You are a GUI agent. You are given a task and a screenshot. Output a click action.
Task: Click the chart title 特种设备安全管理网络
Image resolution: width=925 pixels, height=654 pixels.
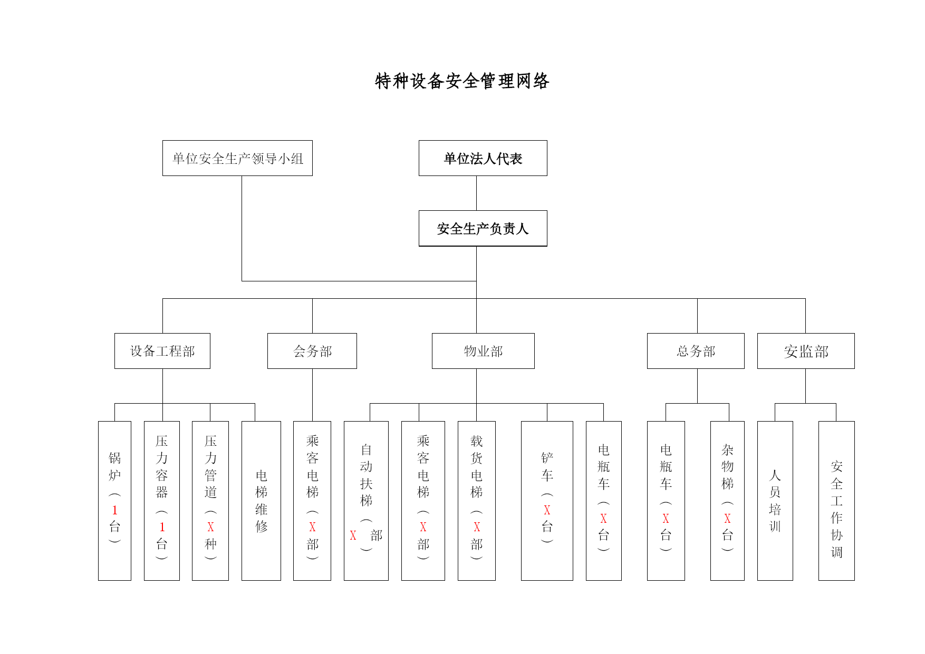pyautogui.click(x=462, y=81)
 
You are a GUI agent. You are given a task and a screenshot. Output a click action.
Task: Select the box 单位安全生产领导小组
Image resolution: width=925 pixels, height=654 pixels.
pyautogui.click(x=237, y=158)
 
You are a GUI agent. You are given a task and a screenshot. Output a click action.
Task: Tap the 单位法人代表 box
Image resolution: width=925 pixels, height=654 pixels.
pyautogui.click(x=483, y=158)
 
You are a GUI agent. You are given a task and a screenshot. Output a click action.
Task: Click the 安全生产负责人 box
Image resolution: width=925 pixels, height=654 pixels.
pyautogui.click(x=483, y=228)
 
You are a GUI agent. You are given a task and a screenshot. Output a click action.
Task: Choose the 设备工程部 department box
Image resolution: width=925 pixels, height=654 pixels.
pyautogui.click(x=162, y=351)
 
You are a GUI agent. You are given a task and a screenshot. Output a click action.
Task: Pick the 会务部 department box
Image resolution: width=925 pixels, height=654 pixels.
pyautogui.click(x=312, y=351)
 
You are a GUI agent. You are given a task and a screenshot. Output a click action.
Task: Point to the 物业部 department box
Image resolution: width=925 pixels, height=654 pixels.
pyautogui.click(x=483, y=351)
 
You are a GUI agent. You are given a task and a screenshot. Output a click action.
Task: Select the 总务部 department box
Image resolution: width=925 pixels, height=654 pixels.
pyautogui.click(x=696, y=351)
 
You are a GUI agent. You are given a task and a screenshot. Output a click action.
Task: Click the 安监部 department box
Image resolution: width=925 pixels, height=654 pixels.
pyautogui.click(x=806, y=351)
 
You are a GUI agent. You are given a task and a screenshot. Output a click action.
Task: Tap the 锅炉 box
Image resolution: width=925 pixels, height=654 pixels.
pyautogui.click(x=114, y=501)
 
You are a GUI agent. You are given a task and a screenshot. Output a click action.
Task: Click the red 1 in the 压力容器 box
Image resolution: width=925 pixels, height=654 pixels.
pyautogui.click(x=162, y=527)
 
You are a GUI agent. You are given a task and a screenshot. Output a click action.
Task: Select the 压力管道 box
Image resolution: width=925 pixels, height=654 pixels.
pyautogui.click(x=210, y=501)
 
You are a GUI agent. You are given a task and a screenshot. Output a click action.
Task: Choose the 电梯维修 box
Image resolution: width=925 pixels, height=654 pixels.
pyautogui.click(x=261, y=501)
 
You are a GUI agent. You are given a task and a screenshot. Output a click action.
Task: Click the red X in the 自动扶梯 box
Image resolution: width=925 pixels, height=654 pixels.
pyautogui.click(x=353, y=535)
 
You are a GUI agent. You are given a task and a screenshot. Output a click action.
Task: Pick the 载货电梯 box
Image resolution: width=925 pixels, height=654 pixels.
pyautogui.click(x=477, y=501)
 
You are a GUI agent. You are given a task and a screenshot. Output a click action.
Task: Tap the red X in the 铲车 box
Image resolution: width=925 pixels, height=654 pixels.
pyautogui.click(x=547, y=510)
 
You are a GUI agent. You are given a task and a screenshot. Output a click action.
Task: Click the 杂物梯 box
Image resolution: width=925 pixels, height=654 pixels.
pyautogui.click(x=727, y=501)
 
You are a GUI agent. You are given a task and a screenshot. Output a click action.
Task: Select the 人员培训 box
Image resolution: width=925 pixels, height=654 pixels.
pyautogui.click(x=775, y=501)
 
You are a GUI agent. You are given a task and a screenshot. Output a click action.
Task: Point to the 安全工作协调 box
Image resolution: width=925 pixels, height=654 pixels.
pyautogui.click(x=836, y=501)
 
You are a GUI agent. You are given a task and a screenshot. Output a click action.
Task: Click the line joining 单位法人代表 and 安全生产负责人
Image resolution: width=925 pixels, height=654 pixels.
pyautogui.click(x=477, y=193)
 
